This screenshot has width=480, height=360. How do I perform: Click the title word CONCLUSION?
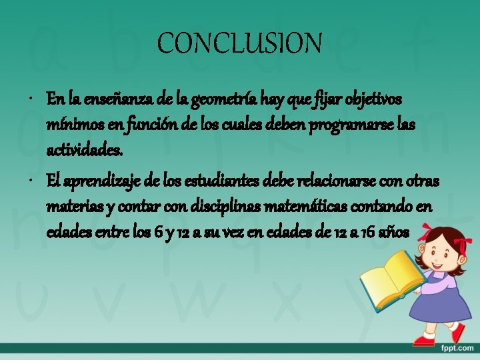[239, 44]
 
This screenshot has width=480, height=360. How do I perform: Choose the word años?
[395, 233]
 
